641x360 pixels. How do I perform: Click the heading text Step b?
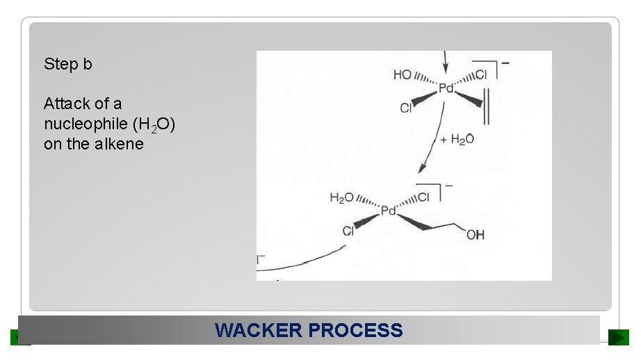67,64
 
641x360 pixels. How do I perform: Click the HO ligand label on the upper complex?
403,74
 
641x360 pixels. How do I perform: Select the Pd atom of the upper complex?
446,89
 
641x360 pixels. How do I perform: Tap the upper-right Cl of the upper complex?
482,74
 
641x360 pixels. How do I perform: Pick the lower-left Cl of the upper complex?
406,108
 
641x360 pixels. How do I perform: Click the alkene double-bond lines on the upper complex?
486,108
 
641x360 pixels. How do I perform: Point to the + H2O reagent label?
457,140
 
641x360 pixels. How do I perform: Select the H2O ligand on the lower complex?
342,198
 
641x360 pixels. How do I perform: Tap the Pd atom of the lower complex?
388,211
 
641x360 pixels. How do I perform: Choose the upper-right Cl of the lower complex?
423,197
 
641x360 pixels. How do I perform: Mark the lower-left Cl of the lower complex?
348,231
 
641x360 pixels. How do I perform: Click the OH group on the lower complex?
476,236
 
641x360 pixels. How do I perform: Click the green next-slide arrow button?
618,337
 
